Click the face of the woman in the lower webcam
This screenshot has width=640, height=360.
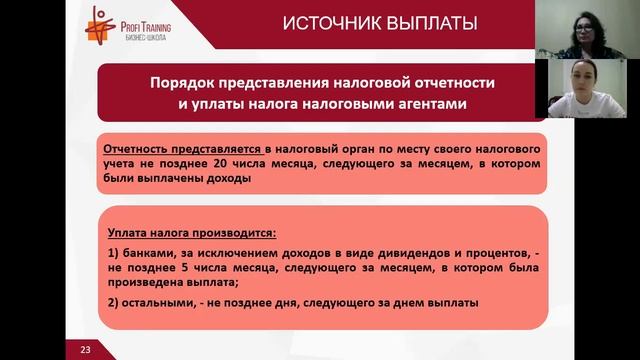point(579,83)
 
